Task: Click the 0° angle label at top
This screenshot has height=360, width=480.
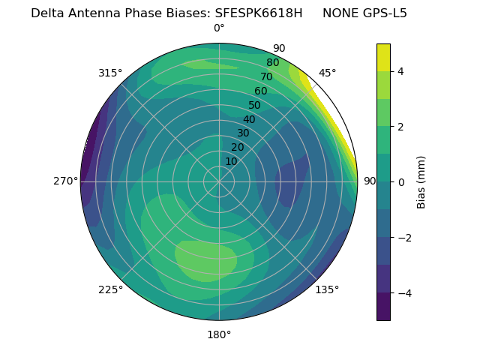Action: [219, 28]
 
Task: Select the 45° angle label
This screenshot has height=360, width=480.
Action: [327, 73]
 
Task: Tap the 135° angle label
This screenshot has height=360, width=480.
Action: [327, 289]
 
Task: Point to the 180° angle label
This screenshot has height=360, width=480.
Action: [219, 334]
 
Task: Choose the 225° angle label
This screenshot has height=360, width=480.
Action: [110, 290]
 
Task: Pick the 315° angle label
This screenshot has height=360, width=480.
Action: [110, 73]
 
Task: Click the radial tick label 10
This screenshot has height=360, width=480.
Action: [231, 161]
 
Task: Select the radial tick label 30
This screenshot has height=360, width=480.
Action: [243, 133]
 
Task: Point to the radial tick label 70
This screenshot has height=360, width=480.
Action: [266, 76]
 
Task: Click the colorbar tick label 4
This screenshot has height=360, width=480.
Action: [400, 71]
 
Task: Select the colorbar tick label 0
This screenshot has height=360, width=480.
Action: [400, 181]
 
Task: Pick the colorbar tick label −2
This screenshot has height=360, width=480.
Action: [403, 238]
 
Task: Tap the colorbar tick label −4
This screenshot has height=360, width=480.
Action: [403, 293]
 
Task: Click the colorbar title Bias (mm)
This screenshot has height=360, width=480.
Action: [421, 181]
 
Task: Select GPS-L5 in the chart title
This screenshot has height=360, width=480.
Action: [382, 13]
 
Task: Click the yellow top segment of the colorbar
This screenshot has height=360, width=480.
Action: [383, 58]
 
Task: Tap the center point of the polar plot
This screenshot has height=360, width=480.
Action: [219, 181]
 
